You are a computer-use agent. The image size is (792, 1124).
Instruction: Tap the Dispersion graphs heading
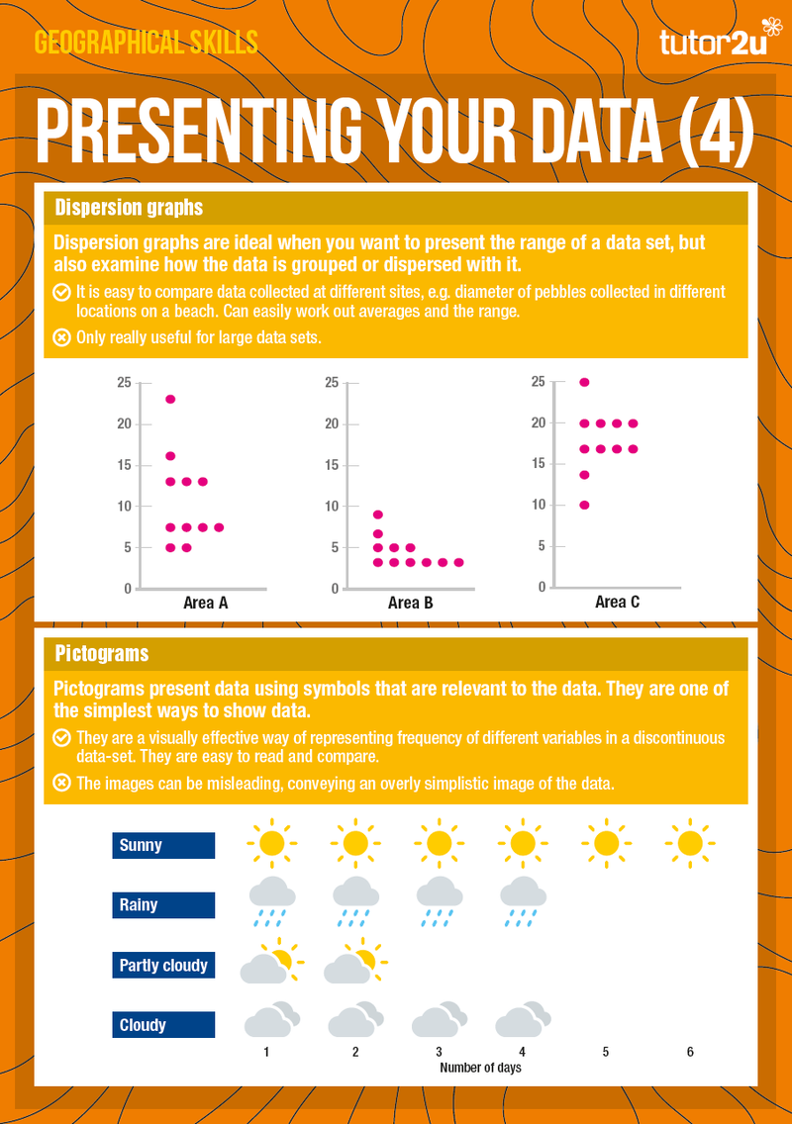click(x=129, y=207)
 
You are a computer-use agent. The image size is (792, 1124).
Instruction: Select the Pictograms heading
click(x=102, y=654)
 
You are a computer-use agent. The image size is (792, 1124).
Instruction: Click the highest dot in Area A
click(x=170, y=400)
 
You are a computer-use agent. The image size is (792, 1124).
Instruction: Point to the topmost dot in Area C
click(x=585, y=382)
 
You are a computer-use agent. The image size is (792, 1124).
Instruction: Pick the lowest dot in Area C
click(x=585, y=506)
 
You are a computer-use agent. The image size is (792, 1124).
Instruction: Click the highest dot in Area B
click(x=378, y=515)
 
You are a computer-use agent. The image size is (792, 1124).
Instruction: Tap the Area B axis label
click(x=410, y=603)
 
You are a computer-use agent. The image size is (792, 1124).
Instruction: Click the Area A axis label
click(x=206, y=603)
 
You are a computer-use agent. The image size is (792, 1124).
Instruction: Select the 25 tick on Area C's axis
click(x=538, y=381)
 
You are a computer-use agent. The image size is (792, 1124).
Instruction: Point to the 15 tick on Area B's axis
click(x=332, y=464)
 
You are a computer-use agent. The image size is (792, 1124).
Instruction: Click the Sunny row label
click(x=163, y=845)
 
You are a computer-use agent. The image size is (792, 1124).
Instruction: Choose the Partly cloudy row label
click(x=163, y=965)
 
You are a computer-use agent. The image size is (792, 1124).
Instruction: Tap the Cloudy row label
click(x=163, y=1024)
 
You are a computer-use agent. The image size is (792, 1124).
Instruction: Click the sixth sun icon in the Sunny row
click(x=690, y=843)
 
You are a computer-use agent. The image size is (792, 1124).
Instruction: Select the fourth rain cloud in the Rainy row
click(x=523, y=901)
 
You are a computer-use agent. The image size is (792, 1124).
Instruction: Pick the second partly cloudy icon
click(x=355, y=961)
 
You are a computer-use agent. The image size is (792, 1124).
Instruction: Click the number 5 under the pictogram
click(x=606, y=1052)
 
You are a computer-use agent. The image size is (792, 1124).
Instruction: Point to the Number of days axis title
click(x=481, y=1068)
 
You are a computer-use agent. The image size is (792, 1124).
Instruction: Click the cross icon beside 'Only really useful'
click(x=61, y=337)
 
